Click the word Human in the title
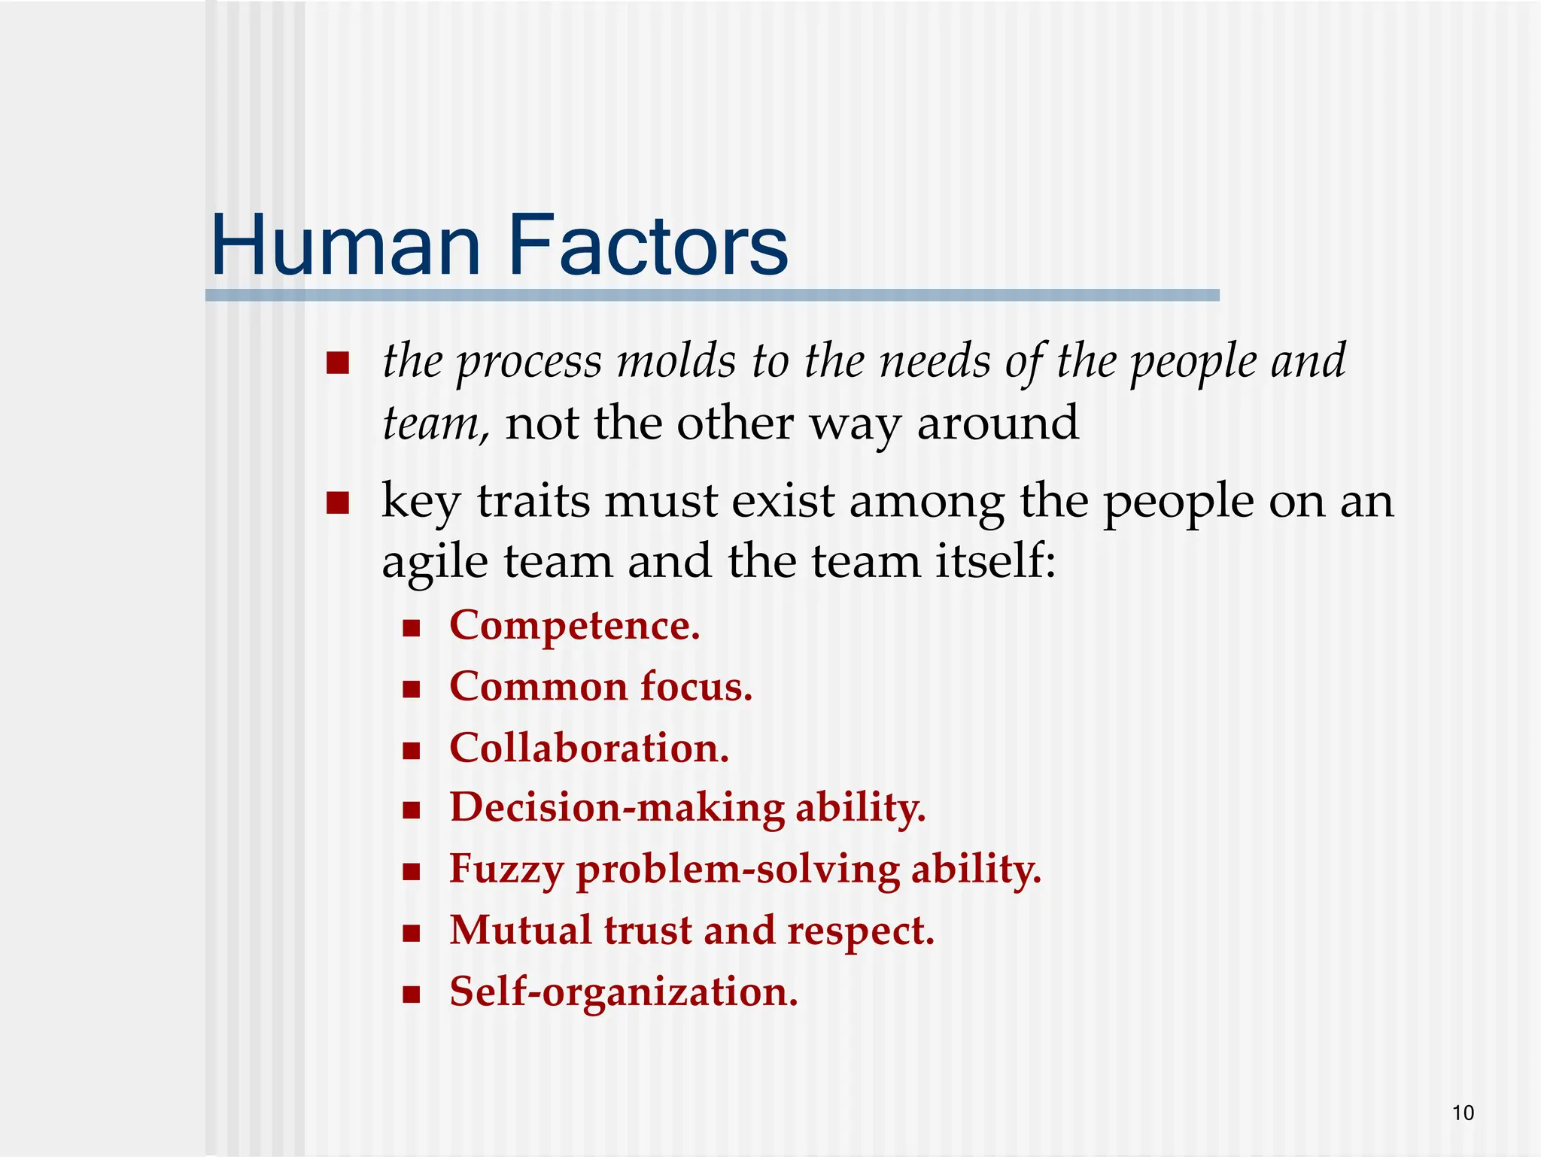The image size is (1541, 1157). tap(345, 246)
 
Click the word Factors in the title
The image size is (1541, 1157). tap(648, 246)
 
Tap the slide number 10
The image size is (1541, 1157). tap(1463, 1113)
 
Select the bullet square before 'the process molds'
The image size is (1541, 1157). tap(338, 364)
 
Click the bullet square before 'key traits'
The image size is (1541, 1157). tap(338, 503)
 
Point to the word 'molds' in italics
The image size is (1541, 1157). tap(676, 361)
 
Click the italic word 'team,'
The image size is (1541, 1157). tap(436, 424)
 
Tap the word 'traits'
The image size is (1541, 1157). tap(533, 501)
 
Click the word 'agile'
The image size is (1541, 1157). tap(435, 563)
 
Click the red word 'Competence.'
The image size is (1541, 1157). tap(575, 626)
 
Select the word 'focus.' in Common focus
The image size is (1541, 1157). tap(696, 687)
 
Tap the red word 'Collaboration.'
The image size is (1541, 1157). tap(589, 749)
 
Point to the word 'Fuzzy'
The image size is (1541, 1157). tap(506, 870)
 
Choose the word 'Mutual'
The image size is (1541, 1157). tap(520, 931)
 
